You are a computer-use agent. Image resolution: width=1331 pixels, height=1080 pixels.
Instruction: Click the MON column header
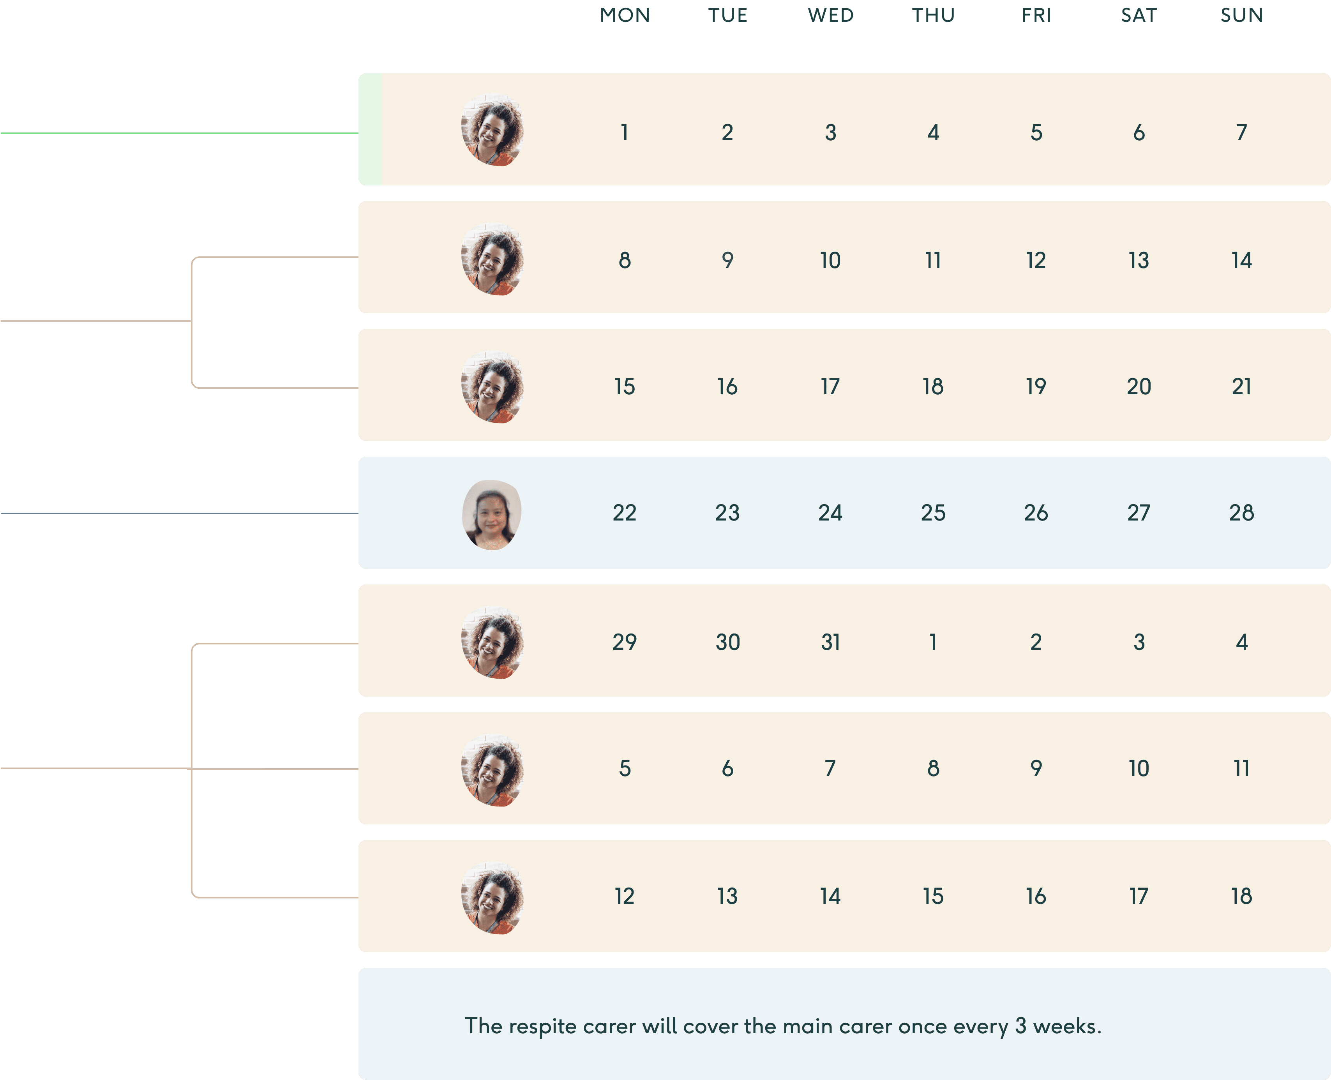click(625, 15)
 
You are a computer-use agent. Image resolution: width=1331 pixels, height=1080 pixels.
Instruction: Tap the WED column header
click(831, 15)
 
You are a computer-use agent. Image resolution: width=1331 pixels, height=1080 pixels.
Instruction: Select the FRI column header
click(1036, 15)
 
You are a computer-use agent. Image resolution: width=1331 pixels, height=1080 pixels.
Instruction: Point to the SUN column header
click(1241, 15)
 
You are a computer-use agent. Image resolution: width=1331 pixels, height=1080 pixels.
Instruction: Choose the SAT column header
click(1139, 15)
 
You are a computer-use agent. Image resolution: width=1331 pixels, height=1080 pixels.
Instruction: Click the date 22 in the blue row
click(625, 513)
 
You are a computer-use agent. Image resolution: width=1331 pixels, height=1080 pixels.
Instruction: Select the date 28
click(1241, 513)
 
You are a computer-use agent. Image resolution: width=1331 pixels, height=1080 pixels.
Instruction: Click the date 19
click(1036, 386)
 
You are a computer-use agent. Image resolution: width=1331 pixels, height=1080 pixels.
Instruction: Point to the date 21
click(1241, 386)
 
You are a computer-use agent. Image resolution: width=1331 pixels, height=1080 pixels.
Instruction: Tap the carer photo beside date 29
click(492, 642)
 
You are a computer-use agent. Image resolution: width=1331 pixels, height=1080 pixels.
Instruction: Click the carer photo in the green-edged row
click(492, 129)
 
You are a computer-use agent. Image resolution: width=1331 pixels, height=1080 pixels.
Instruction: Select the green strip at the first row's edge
click(370, 129)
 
